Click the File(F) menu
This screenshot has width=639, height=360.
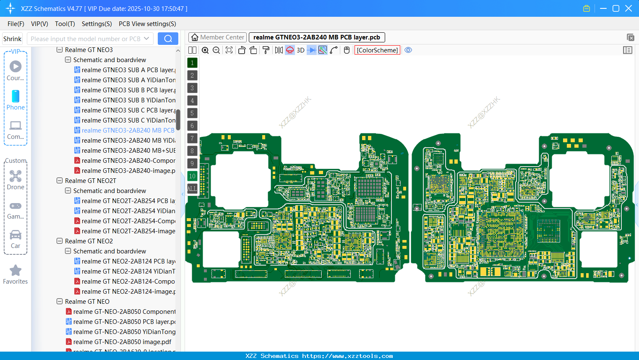[16, 24]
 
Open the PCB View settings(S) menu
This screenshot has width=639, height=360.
[147, 24]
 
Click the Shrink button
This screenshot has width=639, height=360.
[12, 39]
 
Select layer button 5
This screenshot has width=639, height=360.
[192, 113]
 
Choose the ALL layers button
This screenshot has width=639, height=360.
[192, 189]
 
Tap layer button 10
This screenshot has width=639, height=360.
[192, 176]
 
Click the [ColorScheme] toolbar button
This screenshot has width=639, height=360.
[377, 50]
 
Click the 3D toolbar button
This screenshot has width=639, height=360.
[300, 50]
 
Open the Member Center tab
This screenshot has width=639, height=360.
[217, 37]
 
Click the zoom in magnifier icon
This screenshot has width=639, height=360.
[205, 50]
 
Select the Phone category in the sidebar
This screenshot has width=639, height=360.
[16, 100]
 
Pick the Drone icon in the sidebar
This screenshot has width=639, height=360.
[16, 180]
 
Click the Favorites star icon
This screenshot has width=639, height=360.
[16, 274]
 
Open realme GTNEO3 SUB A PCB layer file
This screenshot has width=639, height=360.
[128, 70]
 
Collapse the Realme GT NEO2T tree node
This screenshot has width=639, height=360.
[60, 181]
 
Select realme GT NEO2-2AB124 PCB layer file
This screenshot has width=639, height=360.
[128, 261]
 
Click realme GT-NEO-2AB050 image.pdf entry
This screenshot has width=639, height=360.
[122, 342]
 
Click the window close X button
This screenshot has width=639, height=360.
[629, 8]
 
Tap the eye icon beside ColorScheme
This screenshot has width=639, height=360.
[408, 50]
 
